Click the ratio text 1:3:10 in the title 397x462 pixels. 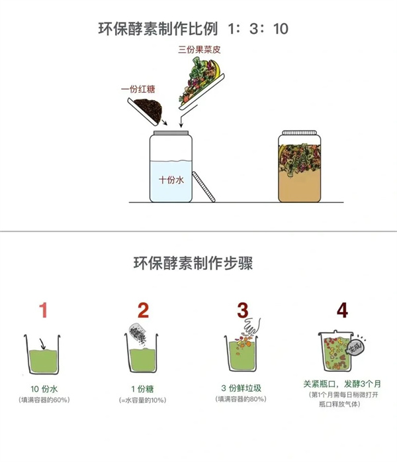point(258,29)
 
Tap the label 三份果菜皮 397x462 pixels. point(199,50)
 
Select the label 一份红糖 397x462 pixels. point(138,89)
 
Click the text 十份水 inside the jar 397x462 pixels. point(171,180)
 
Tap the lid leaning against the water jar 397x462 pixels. point(204,186)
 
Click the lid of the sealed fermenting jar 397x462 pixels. point(300,133)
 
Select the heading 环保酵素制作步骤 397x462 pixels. point(193,263)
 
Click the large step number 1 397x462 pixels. point(44,310)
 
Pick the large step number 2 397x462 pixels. point(143,310)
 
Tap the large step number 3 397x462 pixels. point(243,310)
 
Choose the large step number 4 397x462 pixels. point(342,310)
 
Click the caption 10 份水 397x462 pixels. point(44,389)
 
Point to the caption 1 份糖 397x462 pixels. point(142,389)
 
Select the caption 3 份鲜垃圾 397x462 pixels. point(242,388)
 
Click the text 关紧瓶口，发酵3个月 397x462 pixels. point(342,384)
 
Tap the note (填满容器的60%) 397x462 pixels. point(44,400)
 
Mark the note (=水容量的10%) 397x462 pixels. point(143,400)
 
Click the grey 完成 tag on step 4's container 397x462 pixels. point(356,348)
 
